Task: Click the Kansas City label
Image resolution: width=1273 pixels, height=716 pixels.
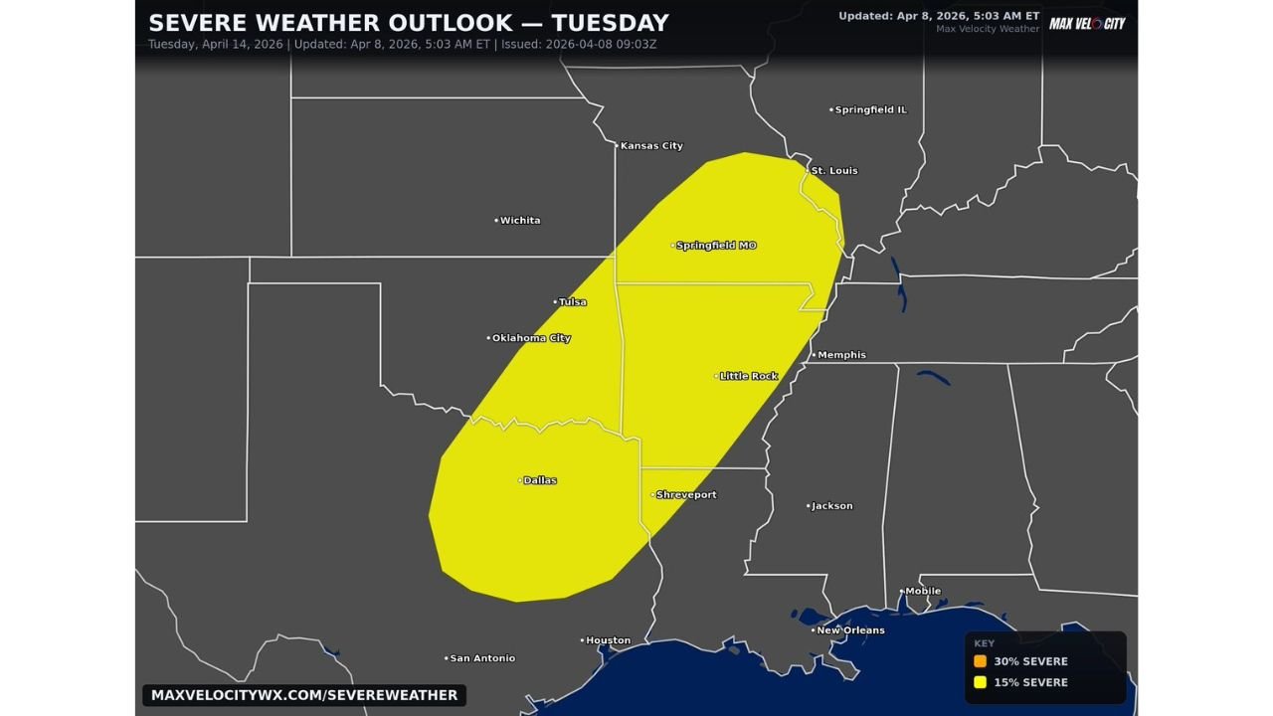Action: coord(651,146)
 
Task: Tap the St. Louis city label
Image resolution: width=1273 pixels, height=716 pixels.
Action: coord(833,171)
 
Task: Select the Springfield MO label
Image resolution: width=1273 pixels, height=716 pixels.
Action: coord(716,246)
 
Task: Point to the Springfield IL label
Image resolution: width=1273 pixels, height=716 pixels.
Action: coord(870,110)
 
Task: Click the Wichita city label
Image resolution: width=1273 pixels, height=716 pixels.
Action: coord(519,221)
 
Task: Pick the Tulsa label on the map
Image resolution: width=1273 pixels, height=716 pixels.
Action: coord(572,302)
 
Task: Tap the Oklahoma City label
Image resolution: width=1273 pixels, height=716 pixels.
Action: coord(531,338)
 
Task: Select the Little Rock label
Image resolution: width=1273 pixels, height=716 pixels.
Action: coord(748,376)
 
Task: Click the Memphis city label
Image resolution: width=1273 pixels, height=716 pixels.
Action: coord(841,355)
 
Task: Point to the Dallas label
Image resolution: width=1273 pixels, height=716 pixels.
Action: coord(539,480)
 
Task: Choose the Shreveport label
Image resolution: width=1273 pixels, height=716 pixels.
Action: coord(685,495)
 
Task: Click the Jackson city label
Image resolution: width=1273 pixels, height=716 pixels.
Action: coord(831,506)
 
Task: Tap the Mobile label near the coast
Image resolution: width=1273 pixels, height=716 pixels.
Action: coord(922,592)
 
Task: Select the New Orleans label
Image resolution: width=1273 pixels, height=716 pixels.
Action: coord(850,630)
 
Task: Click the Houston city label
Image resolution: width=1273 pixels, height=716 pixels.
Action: coord(608,640)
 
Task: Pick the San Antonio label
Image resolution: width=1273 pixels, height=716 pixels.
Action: coord(482,658)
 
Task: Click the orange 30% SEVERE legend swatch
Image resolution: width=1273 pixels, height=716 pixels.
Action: coord(981,661)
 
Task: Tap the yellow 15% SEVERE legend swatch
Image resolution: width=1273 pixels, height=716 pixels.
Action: coord(981,682)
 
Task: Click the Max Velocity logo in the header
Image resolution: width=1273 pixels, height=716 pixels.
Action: coord(1087,23)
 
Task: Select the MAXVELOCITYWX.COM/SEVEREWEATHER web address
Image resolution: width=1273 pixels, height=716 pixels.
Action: coord(304,695)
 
